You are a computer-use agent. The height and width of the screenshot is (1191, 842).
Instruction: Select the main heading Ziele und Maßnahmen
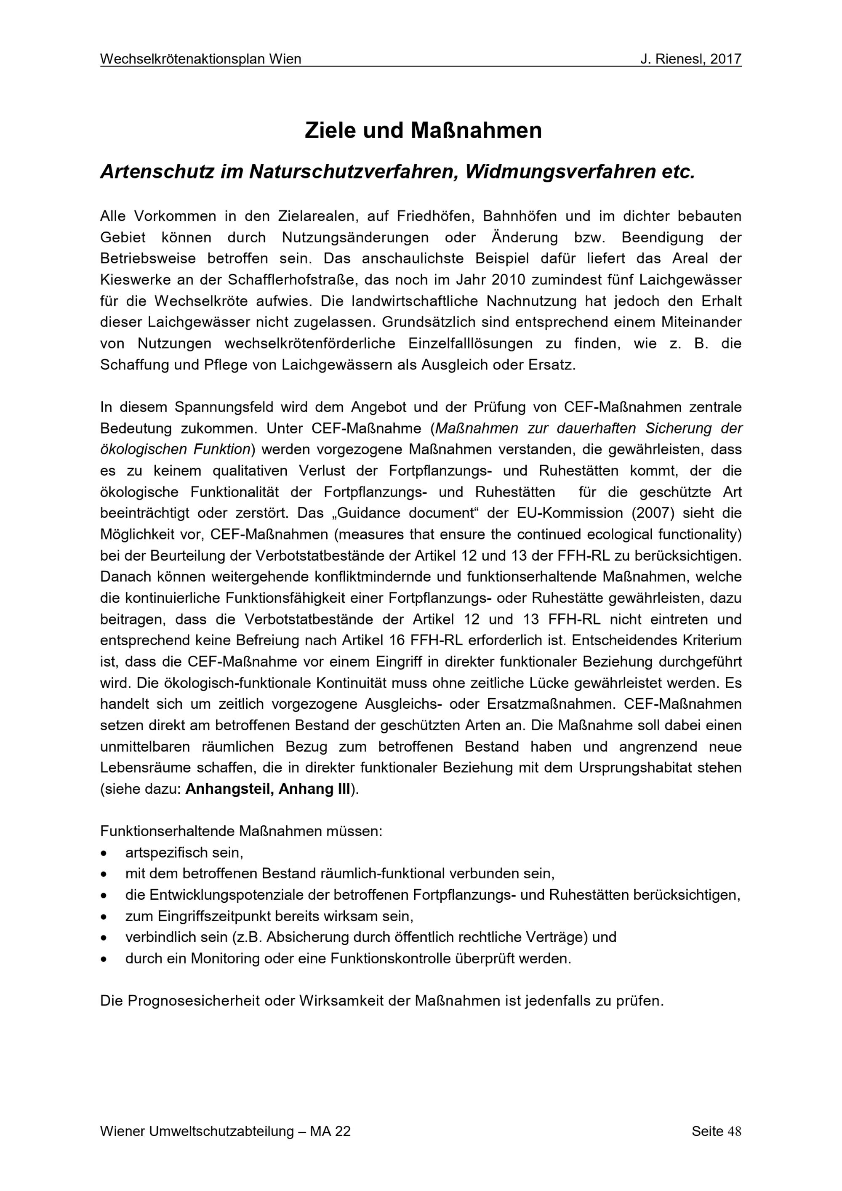click(x=423, y=131)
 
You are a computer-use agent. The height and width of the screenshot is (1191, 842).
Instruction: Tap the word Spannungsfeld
click(x=213, y=407)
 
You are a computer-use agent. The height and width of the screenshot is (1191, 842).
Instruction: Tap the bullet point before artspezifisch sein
click(x=104, y=853)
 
